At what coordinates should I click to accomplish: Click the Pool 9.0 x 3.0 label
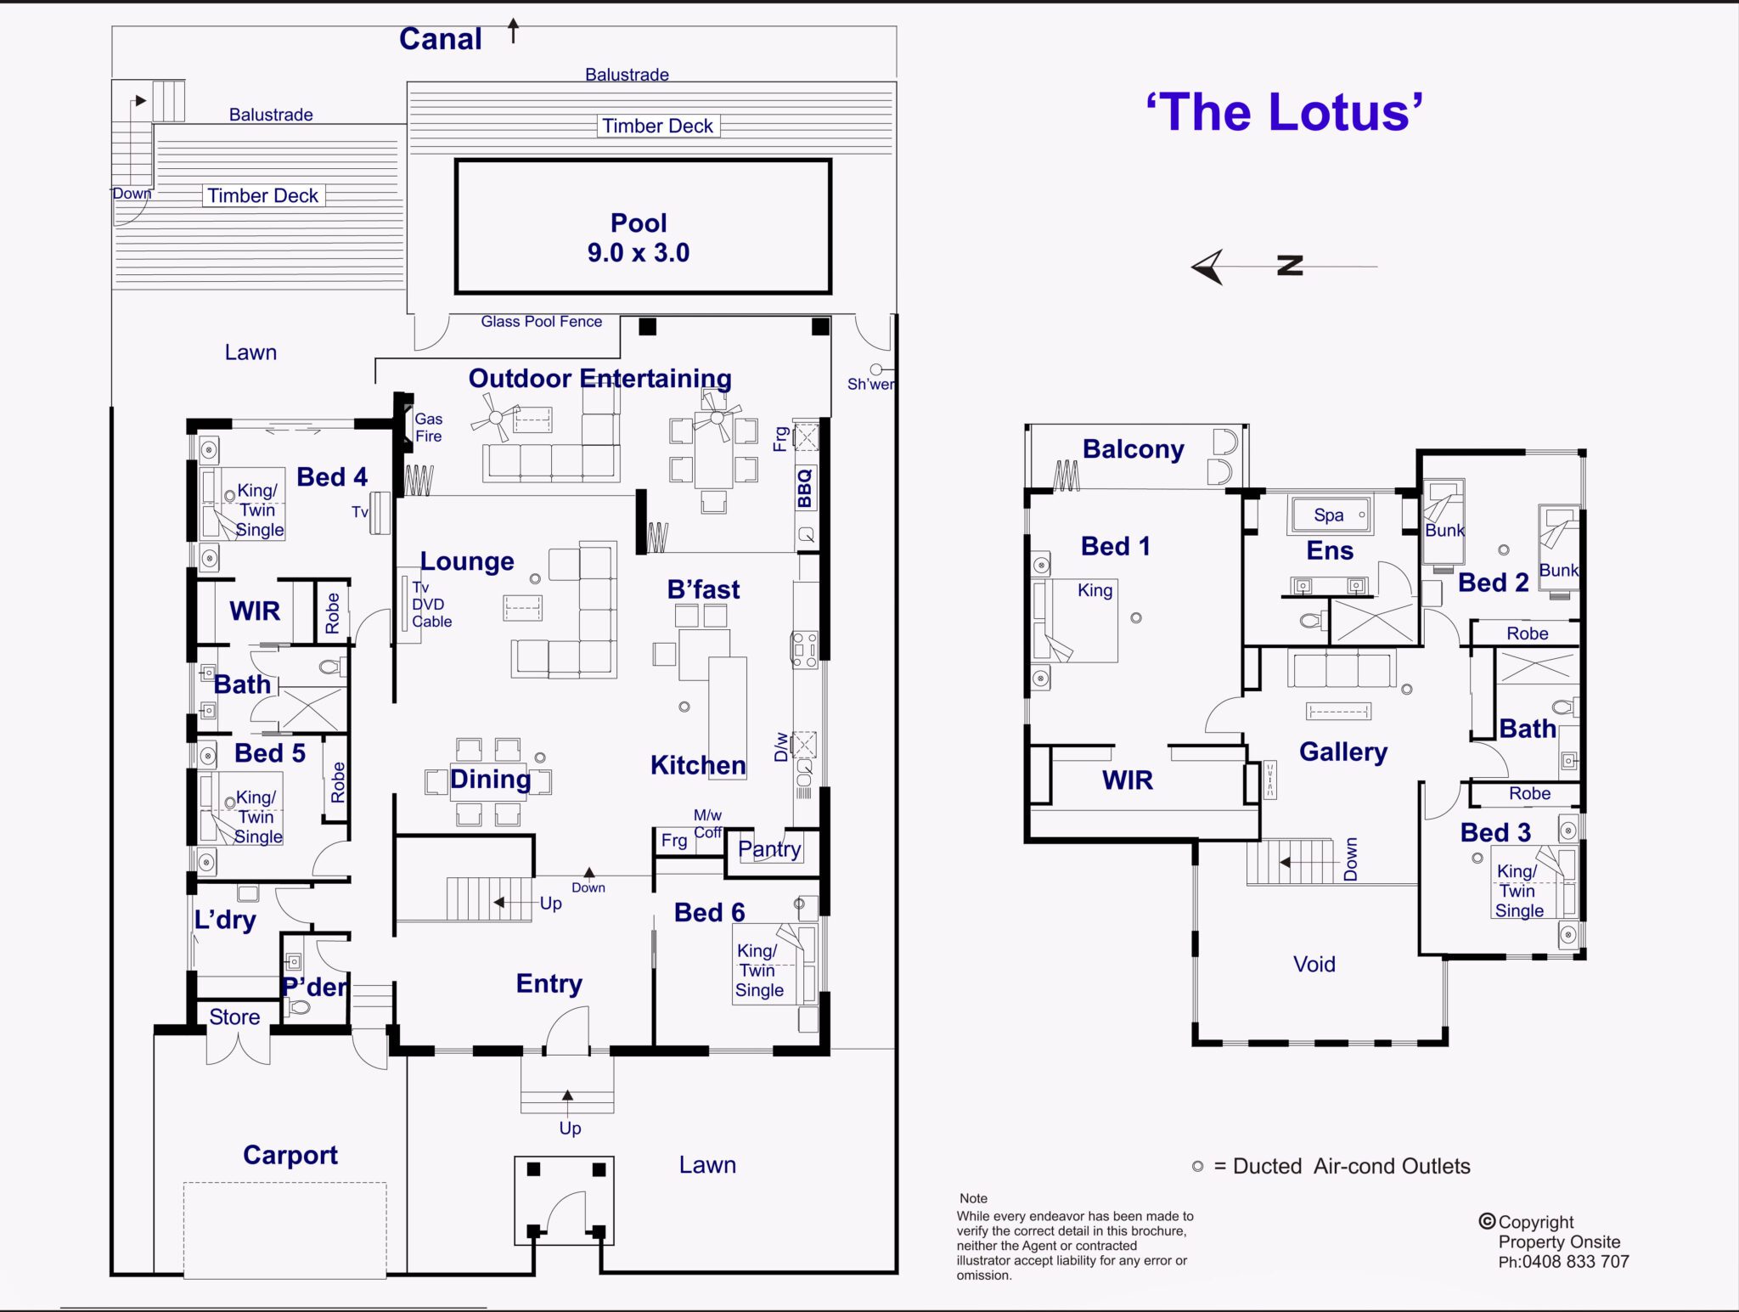click(639, 238)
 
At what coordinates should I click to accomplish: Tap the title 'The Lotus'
click(1284, 113)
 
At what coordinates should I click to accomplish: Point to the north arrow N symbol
click(1289, 266)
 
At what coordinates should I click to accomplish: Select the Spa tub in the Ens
click(1330, 515)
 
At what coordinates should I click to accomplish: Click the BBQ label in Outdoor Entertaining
click(804, 488)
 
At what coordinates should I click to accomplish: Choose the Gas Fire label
click(428, 427)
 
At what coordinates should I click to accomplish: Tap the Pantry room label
click(769, 848)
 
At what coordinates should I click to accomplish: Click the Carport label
click(290, 1155)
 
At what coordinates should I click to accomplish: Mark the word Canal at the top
click(440, 39)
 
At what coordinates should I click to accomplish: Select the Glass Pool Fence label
click(541, 322)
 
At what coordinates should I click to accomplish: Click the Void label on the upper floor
click(1314, 964)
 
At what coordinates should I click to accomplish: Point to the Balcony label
click(1133, 449)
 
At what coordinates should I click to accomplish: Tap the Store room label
click(234, 1016)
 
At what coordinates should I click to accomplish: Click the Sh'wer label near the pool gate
click(870, 384)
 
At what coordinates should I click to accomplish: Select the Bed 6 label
click(709, 912)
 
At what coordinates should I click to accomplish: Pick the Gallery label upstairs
click(1342, 752)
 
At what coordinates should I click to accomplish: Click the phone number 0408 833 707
click(1574, 1262)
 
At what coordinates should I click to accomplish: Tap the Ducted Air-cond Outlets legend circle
click(1197, 1167)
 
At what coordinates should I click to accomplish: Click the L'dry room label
click(224, 920)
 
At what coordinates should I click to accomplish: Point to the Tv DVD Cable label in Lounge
click(431, 605)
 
